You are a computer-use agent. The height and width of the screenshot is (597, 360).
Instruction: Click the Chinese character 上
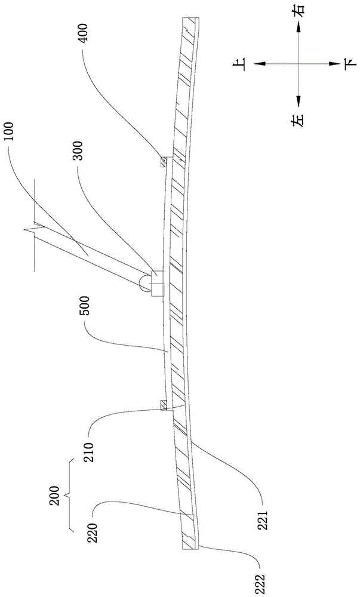(244, 63)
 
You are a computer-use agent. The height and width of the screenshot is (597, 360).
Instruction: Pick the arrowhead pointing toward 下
(330, 63)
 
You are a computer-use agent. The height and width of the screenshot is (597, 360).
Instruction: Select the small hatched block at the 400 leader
(162, 161)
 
